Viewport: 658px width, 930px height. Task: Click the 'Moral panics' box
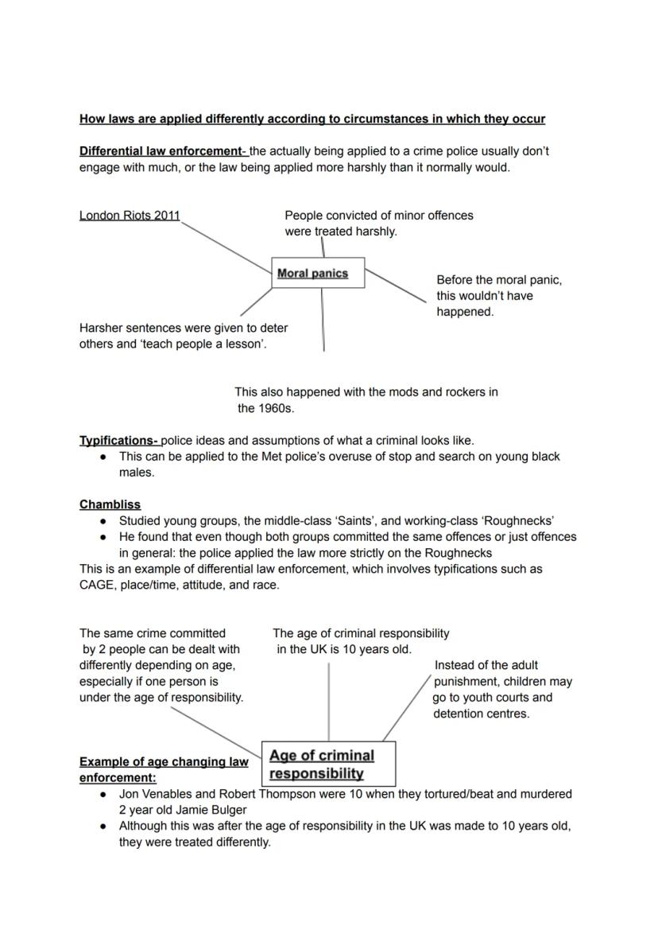318,273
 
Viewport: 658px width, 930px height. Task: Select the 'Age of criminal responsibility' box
328,765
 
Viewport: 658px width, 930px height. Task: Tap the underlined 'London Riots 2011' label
130,216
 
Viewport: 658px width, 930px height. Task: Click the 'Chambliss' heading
110,504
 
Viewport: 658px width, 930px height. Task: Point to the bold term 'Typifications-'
119,440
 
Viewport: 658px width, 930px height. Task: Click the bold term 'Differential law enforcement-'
164,151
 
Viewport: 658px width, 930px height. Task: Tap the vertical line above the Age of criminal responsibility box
328,700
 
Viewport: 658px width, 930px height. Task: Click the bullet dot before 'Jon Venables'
104,795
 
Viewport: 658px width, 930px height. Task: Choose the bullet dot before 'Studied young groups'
104,522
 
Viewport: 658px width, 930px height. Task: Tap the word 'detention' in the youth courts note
458,714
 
